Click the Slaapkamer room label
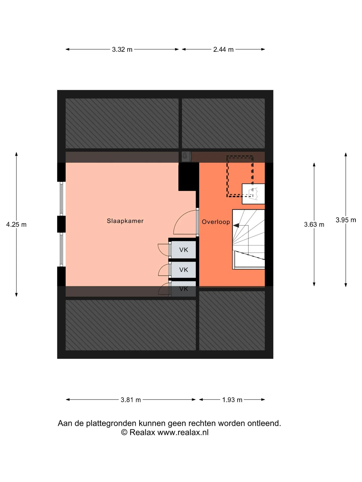pos(125,221)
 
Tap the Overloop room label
pos(216,222)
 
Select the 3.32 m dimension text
pos(122,49)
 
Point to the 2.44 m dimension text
pos(223,49)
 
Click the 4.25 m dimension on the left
pos(16,224)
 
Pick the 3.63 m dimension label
pos(314,224)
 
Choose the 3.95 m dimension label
pos(346,220)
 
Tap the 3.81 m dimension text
pos(131,400)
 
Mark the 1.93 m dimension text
pos(232,400)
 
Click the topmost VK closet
pos(184,250)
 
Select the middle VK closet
pos(184,270)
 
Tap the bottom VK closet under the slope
pos(184,289)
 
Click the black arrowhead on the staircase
pos(236,226)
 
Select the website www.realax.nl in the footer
pos(183,432)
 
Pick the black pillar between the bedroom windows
pos(61,224)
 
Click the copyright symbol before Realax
pos(124,432)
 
